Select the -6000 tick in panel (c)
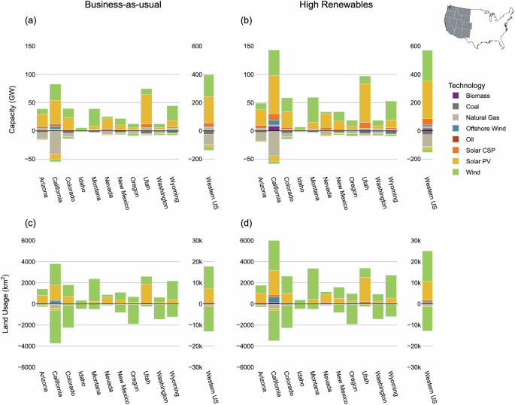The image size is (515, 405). click(x=26, y=367)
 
